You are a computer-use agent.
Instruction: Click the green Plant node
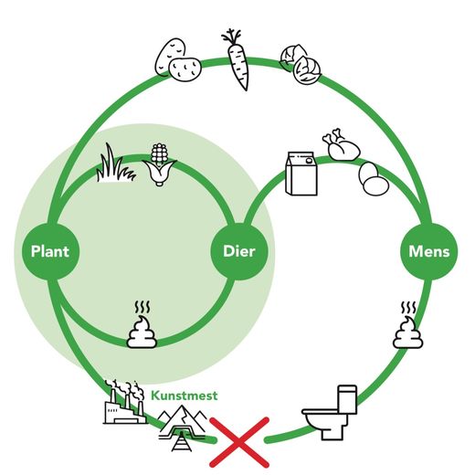50,251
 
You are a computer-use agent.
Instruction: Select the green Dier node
239,251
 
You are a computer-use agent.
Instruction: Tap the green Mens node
429,251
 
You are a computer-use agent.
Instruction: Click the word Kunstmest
185,396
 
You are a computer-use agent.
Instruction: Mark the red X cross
239,442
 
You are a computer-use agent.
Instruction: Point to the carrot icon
237,59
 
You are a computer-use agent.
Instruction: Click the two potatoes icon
178,60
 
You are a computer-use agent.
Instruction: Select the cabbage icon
301,64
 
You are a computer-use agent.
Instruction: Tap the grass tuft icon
115,164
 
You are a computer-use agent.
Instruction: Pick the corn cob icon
159,164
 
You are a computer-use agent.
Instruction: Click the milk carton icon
301,174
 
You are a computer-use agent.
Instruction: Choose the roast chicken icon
341,144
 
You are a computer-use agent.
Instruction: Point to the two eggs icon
373,178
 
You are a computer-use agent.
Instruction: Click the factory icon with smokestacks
125,402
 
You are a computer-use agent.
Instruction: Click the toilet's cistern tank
348,399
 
